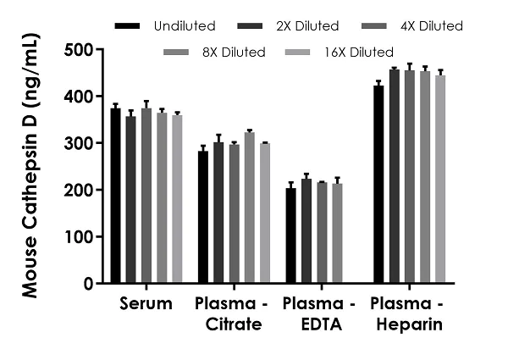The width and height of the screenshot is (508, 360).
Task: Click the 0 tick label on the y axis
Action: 90,284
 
